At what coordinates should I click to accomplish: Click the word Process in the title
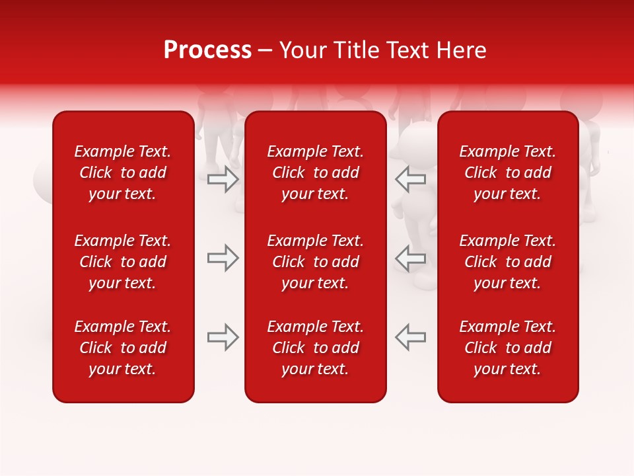[207, 50]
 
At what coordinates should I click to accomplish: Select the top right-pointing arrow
[223, 179]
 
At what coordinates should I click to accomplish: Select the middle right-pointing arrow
[223, 258]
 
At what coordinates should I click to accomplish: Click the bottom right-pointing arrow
[223, 337]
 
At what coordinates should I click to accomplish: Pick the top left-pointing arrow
[411, 179]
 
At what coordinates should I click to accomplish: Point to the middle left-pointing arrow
[411, 258]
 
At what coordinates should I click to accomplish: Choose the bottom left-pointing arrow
[411, 337]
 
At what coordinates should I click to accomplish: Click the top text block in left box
[123, 173]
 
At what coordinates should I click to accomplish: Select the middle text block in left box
[123, 262]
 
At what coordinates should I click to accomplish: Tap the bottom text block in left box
[123, 348]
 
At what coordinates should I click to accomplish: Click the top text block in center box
[315, 173]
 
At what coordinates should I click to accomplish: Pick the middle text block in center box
[315, 262]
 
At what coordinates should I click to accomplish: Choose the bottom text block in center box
[315, 348]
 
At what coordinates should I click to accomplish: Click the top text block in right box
[507, 173]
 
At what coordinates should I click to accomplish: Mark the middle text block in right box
[507, 262]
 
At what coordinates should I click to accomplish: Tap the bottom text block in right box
[507, 348]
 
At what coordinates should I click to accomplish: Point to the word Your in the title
[301, 50]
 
